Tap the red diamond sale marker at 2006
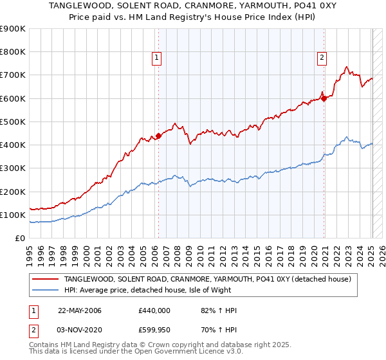pos(158,136)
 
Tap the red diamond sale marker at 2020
pos(324,98)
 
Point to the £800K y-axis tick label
pos(13,52)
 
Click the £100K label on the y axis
pos(13,215)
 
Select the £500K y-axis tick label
pos(13,122)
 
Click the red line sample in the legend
pos(45,279)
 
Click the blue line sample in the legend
pos(45,290)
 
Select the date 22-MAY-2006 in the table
pos(80,310)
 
